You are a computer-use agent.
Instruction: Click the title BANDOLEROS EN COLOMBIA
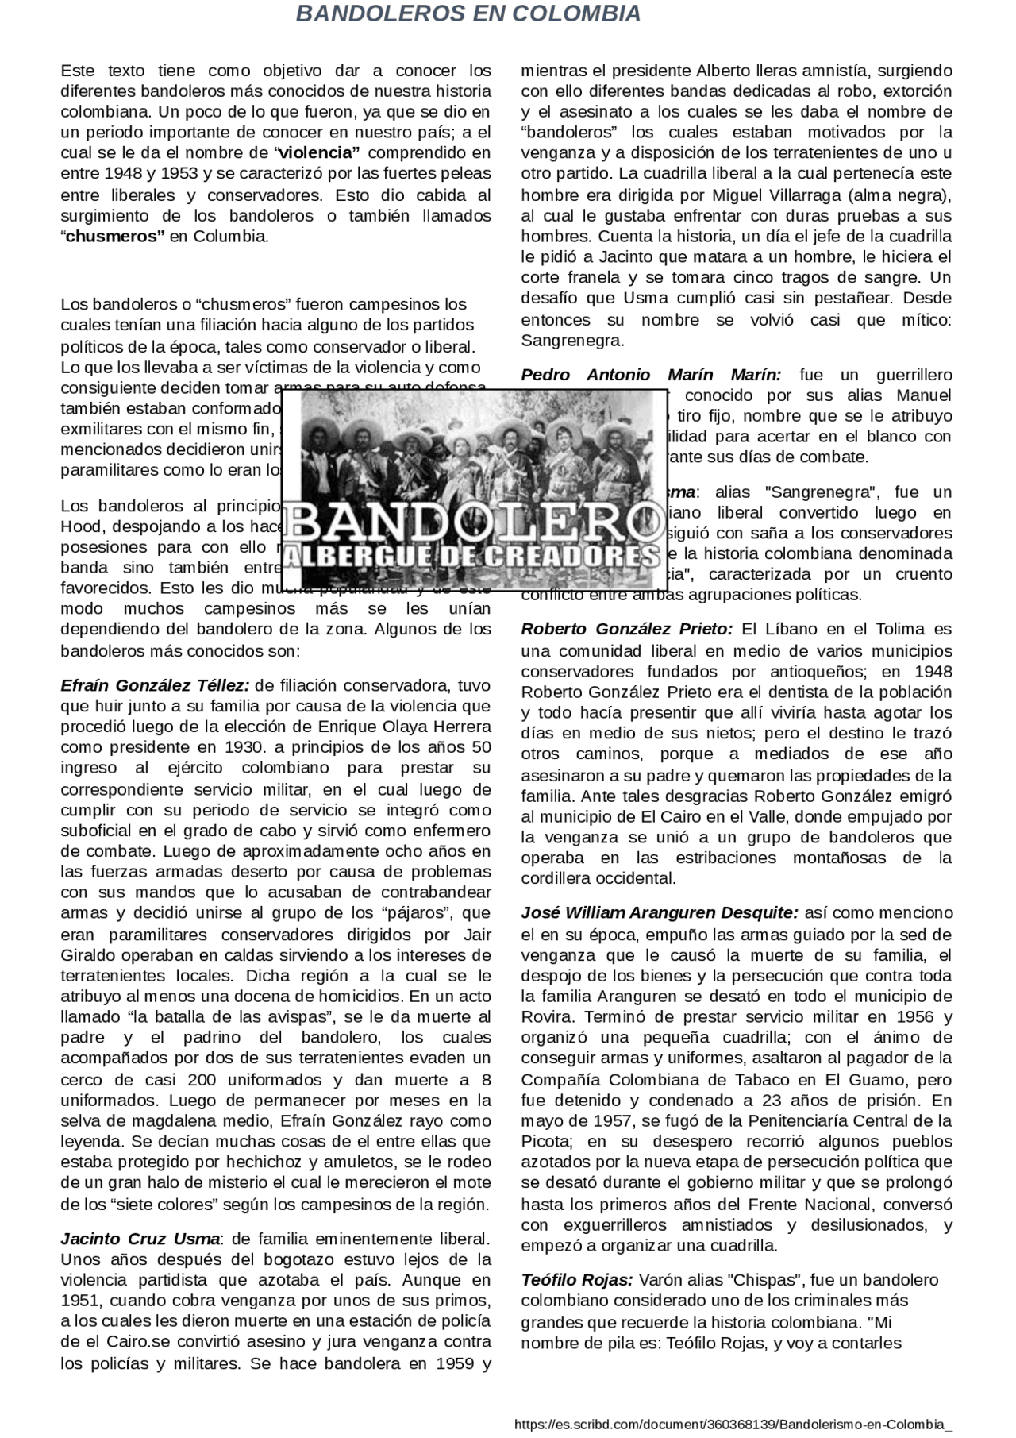[x=468, y=13]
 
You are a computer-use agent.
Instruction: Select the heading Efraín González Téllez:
[x=156, y=685]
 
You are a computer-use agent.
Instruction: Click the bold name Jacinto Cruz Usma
[x=140, y=1239]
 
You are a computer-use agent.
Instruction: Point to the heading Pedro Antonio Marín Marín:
[x=651, y=375]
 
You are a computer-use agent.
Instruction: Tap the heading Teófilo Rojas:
[x=577, y=1280]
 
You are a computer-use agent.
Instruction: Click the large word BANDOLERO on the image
[x=474, y=520]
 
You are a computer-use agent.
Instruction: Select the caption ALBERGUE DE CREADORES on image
[x=474, y=556]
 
